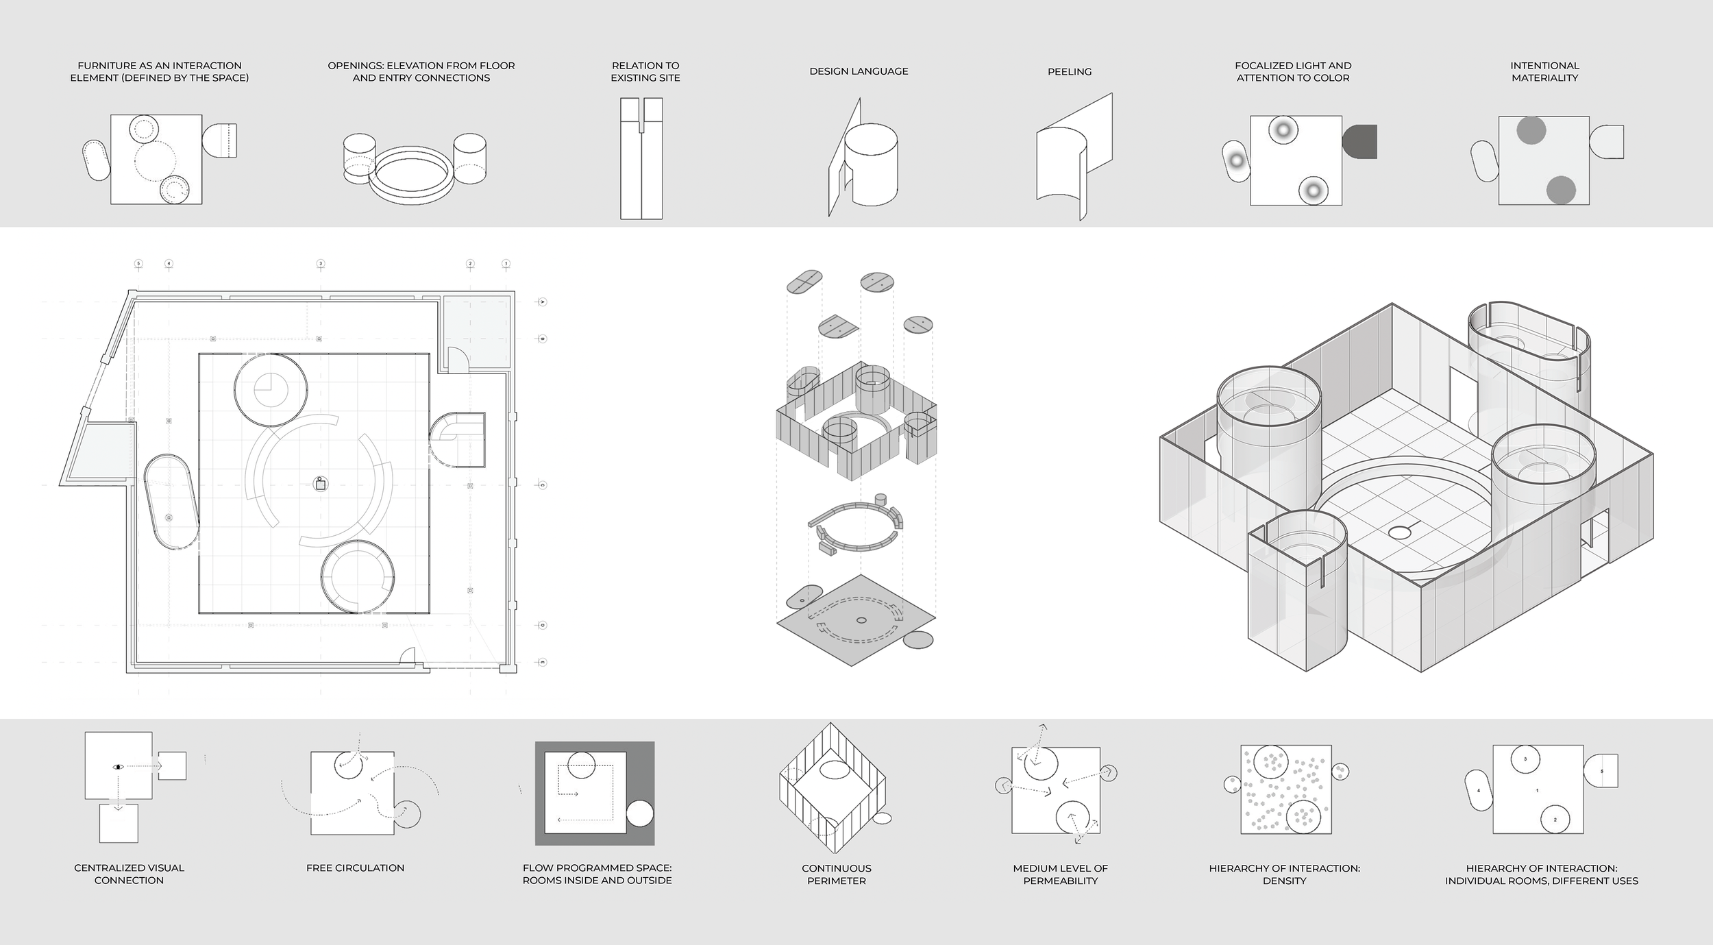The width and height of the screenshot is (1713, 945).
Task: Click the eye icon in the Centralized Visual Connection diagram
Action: [118, 767]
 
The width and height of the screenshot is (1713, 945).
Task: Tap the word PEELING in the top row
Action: [1069, 72]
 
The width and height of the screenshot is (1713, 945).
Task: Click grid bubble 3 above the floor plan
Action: [320, 264]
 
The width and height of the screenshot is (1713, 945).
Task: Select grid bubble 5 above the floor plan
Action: [138, 264]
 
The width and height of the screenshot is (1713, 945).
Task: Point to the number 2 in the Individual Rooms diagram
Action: [1555, 820]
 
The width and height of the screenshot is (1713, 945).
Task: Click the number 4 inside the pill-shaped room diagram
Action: [1478, 791]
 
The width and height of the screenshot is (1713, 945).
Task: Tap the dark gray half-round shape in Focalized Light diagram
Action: [1359, 142]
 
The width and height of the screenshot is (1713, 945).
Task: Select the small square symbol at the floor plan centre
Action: [320, 484]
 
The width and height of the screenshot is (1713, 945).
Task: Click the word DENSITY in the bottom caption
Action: [1284, 881]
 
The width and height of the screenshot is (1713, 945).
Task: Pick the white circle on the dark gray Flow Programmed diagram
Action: [640, 814]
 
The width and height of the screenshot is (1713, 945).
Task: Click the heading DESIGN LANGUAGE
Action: [859, 71]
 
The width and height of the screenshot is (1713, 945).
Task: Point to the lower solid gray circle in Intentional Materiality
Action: [1561, 190]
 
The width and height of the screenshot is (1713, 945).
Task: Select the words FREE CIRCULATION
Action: [355, 868]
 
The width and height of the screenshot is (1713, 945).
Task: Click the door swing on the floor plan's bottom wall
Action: [408, 656]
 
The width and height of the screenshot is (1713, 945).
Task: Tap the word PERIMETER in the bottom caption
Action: [836, 881]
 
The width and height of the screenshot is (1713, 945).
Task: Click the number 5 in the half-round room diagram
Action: [1601, 771]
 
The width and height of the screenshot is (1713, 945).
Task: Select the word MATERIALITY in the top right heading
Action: [1544, 78]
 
